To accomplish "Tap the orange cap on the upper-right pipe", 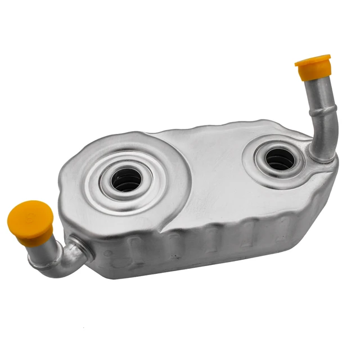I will [313, 67].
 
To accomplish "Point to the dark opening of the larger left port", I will [127, 181].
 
